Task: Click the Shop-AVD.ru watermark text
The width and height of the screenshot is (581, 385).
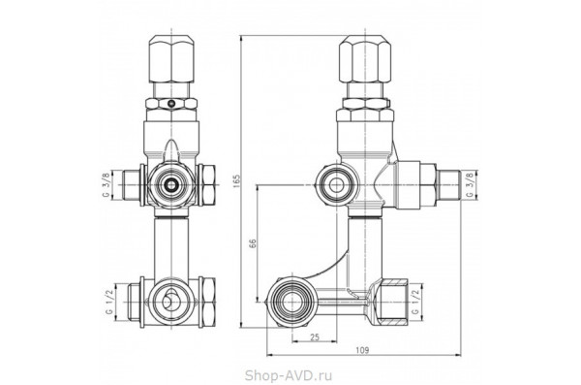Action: click(290, 372)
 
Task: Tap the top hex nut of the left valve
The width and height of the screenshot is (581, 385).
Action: click(171, 60)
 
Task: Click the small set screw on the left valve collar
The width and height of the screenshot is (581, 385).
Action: click(171, 102)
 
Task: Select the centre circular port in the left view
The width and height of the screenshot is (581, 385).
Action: click(171, 180)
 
